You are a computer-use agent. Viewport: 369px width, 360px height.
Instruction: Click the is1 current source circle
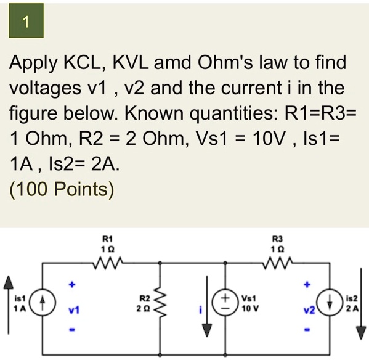tap(43, 304)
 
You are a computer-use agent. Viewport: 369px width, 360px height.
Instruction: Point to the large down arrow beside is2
tap(360, 314)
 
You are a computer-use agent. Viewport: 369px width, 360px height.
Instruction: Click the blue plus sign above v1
tap(72, 285)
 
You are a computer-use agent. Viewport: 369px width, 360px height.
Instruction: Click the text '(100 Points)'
tap(62, 189)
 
